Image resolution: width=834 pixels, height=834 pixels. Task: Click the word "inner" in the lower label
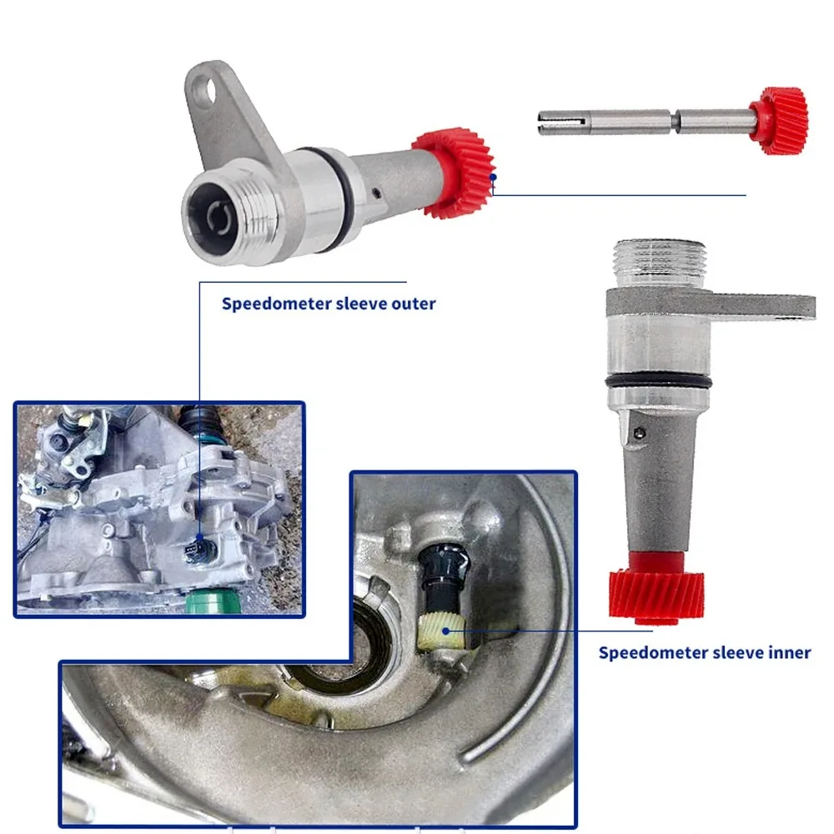pos(789,653)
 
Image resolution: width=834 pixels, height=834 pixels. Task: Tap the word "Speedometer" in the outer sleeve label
pos(277,304)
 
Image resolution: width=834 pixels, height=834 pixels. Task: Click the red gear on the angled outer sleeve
pos(454,172)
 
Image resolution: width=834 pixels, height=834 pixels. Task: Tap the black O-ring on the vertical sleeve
pos(658,383)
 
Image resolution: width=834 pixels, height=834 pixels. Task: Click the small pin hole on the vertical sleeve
pos(641,435)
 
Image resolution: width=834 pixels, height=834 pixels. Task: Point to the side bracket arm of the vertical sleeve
pos(761,307)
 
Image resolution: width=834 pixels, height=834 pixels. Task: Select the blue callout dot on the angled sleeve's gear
pos(493,177)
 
